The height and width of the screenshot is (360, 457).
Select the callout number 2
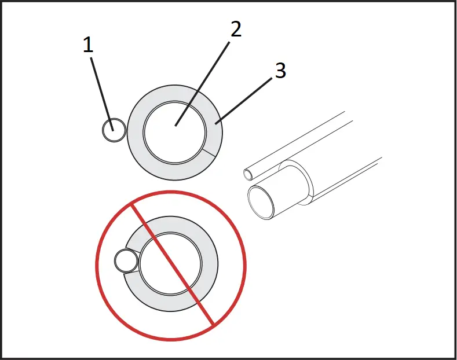pyautogui.click(x=235, y=29)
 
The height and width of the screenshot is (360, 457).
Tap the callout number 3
pyautogui.click(x=280, y=71)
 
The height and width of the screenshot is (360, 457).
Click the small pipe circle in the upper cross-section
pyautogui.click(x=114, y=130)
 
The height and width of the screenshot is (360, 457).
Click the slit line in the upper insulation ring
pyautogui.click(x=210, y=153)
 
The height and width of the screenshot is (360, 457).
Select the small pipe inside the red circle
pyautogui.click(x=125, y=262)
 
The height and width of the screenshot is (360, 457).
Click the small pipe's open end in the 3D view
pyautogui.click(x=248, y=174)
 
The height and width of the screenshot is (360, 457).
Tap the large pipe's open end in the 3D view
pyautogui.click(x=262, y=203)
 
